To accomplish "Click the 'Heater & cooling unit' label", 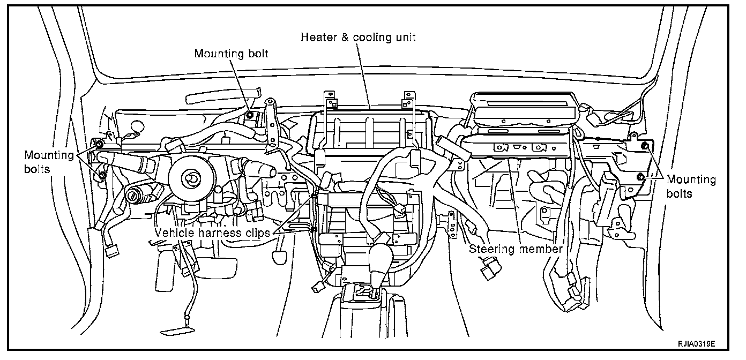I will (358, 37).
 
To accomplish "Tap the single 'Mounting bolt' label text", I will (231, 54).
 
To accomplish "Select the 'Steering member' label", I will (516, 249).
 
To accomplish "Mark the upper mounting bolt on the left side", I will (99, 144).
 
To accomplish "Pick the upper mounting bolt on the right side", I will (645, 146).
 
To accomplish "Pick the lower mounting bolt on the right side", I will (639, 177).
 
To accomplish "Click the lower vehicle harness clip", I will (312, 230).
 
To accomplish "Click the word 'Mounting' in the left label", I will (48, 155).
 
